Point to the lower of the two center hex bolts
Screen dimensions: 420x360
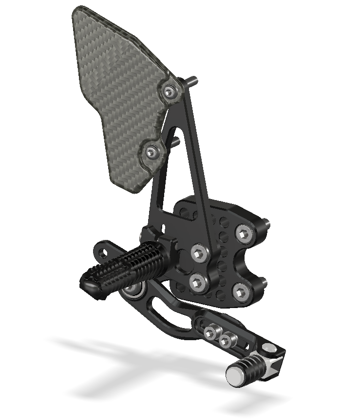197,281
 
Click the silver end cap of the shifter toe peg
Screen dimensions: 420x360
234,374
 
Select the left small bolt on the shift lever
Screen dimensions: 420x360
211,333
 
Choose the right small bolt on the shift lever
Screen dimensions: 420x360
225,340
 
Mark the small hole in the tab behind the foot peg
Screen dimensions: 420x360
104,251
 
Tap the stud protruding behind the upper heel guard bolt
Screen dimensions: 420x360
194,81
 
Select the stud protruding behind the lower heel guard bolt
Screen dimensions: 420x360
175,141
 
